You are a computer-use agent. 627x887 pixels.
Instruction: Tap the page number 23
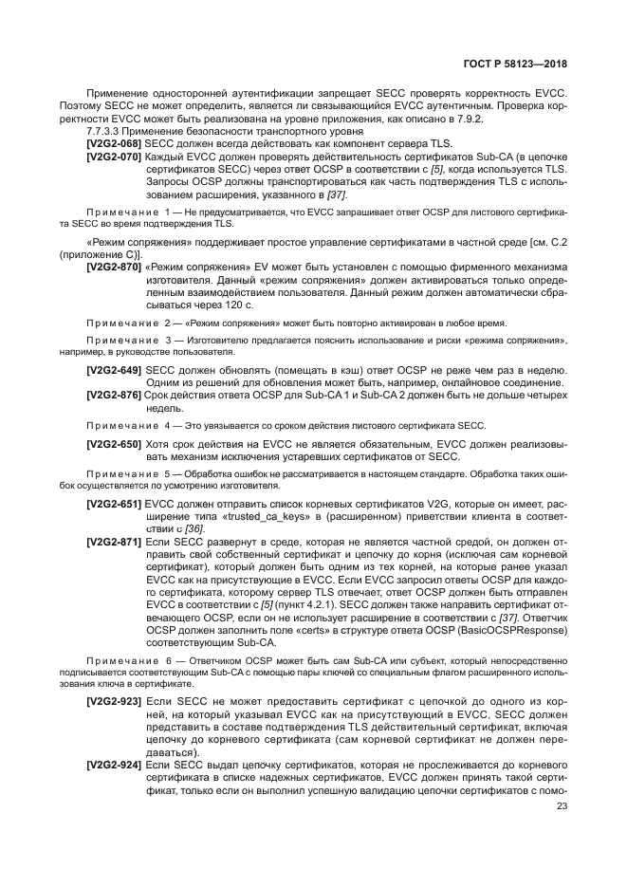click(561, 806)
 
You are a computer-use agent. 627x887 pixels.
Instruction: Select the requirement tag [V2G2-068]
click(114, 141)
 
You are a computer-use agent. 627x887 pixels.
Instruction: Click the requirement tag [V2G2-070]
click(114, 154)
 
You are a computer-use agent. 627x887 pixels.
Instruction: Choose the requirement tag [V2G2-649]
click(114, 369)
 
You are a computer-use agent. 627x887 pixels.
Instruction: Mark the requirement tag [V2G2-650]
click(114, 444)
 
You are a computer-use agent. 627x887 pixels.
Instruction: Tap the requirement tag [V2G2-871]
click(114, 543)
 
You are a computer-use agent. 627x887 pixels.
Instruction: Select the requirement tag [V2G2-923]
click(114, 701)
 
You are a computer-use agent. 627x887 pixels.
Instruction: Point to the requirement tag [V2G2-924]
click(114, 764)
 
